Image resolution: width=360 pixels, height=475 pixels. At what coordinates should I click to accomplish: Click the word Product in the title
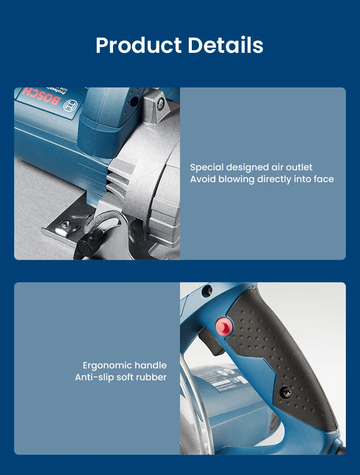[139, 46]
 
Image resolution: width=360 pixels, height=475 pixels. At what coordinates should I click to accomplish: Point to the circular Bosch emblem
[70, 106]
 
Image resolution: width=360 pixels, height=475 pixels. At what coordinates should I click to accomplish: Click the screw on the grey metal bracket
[161, 104]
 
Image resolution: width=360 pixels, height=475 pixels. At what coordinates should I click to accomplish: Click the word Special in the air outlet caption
[207, 168]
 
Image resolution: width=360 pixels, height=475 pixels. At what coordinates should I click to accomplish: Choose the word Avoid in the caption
[203, 179]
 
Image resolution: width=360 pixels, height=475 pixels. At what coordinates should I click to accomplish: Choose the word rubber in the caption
[152, 377]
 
